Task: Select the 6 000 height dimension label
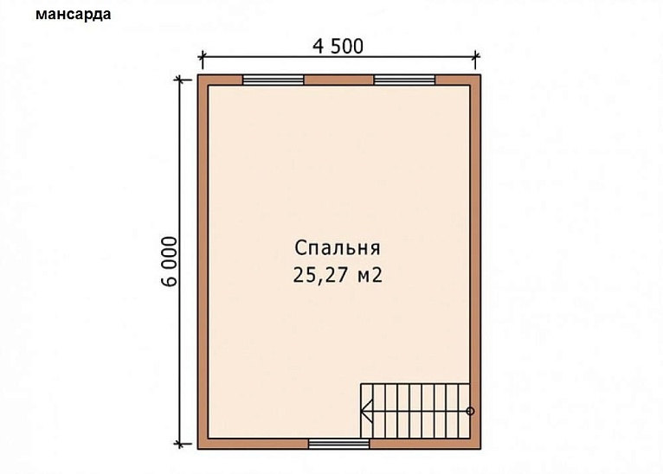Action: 171,260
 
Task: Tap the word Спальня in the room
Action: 338,248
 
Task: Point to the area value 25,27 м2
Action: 338,276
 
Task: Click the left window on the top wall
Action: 273,80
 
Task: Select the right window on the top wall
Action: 404,80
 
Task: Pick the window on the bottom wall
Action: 338,445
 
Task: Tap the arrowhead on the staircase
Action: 367,411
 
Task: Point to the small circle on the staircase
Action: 470,411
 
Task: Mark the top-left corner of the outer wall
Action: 199,76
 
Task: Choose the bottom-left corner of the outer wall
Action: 199,448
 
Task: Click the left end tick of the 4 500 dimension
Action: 202,60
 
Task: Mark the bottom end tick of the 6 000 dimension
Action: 181,445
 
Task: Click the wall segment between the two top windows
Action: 338,80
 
